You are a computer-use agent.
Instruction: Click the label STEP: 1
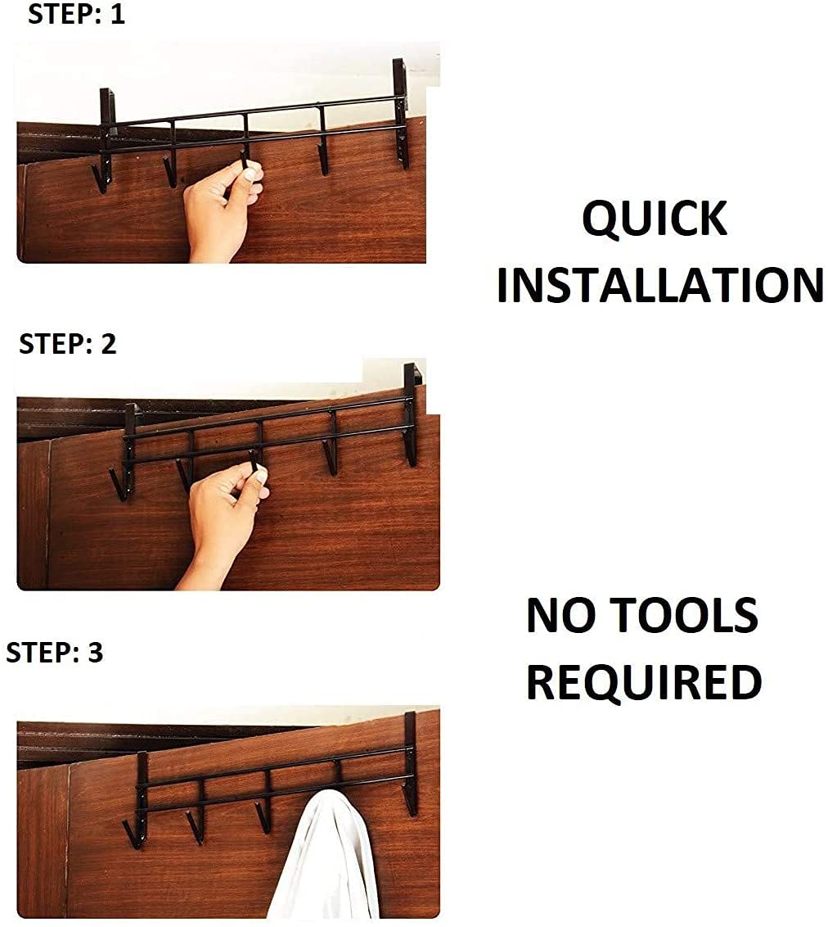click(x=76, y=14)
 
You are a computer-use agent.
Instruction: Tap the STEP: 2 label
click(x=67, y=344)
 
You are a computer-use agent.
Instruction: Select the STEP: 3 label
click(x=54, y=653)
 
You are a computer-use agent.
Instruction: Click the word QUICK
click(x=654, y=219)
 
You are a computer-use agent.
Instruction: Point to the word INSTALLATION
click(x=659, y=286)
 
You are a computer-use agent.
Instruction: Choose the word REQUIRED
click(x=643, y=682)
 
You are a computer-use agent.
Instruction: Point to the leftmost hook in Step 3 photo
click(x=132, y=832)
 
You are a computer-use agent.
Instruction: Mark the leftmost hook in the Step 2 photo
click(x=119, y=483)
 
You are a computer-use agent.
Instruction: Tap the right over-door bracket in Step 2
click(x=411, y=409)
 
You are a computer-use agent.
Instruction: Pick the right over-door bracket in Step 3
click(x=410, y=757)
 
